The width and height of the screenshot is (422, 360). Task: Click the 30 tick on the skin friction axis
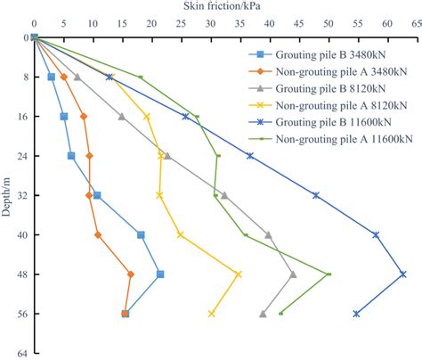[x=210, y=25]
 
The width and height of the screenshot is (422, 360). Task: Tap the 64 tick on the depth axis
[x=20, y=353]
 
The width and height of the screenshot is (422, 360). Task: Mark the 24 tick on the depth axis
[x=20, y=156]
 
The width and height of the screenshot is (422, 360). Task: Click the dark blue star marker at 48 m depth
[x=403, y=274]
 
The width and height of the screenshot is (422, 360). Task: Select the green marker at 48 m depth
[x=329, y=274]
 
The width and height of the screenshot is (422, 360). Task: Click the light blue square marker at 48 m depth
[x=160, y=274]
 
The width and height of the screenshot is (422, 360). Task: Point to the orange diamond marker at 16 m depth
[x=84, y=117]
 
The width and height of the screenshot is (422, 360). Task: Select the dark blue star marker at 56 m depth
[x=357, y=314]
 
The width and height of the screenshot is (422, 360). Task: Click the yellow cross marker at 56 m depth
[x=212, y=314]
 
